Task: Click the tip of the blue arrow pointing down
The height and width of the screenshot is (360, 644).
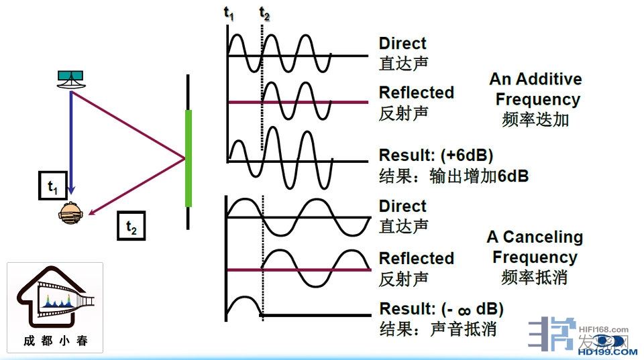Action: [72, 194]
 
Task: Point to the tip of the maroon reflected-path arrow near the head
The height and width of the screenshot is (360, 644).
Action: [89, 215]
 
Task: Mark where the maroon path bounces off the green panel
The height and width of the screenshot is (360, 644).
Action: [184, 158]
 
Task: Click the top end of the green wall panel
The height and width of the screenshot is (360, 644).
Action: [189, 111]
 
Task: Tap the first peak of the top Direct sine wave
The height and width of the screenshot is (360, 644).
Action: [235, 36]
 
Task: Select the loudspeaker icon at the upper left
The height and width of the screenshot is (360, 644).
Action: [70, 79]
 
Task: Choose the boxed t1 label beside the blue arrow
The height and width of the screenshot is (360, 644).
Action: [53, 186]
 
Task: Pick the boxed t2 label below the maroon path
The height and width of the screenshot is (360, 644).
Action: [131, 226]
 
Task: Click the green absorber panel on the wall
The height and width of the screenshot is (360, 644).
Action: [189, 158]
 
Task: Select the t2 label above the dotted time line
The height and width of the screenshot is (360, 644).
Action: [264, 14]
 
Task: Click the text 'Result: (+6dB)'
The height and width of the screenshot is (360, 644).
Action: [436, 155]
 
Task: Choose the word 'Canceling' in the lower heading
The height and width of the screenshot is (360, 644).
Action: [543, 237]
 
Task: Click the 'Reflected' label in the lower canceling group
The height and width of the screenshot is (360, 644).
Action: [417, 258]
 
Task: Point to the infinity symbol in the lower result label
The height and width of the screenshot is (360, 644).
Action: [464, 310]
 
